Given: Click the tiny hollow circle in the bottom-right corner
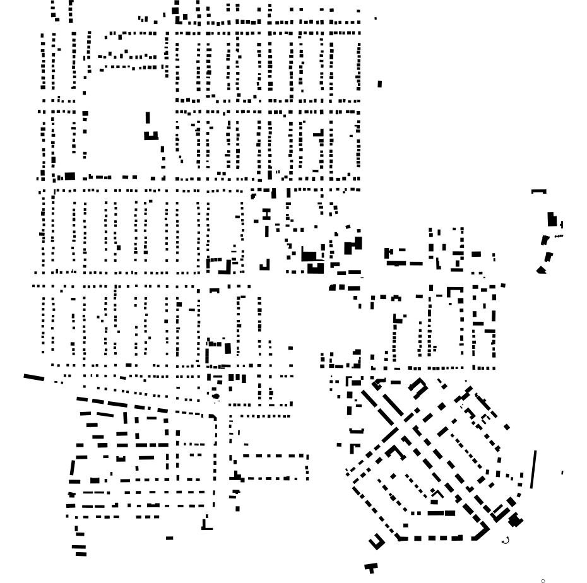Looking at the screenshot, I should [543, 580].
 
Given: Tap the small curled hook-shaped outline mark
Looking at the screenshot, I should [505, 540].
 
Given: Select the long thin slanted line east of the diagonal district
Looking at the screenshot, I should [534, 469].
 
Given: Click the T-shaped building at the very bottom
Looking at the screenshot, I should [371, 567].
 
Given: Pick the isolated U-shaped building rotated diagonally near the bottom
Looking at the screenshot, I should [376, 541].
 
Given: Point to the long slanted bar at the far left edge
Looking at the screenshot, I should [34, 377].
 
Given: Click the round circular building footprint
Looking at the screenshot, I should [216, 396].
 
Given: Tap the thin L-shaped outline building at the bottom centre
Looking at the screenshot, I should [206, 524].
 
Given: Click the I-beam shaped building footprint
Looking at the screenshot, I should [266, 215].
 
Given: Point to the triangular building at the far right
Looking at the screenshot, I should [541, 270].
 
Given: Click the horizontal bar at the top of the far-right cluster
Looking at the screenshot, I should [538, 191].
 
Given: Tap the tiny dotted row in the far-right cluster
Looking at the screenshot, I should [558, 236].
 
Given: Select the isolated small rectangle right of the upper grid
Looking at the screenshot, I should [379, 84].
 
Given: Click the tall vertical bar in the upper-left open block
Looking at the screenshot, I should [148, 118].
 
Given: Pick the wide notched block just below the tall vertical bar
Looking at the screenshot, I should [151, 135].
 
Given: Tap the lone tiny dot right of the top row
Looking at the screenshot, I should [376, 18].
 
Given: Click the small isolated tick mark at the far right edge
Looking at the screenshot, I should [562, 472].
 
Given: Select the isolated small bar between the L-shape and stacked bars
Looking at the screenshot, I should [169, 538].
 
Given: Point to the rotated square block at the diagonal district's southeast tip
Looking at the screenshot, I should [516, 521].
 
